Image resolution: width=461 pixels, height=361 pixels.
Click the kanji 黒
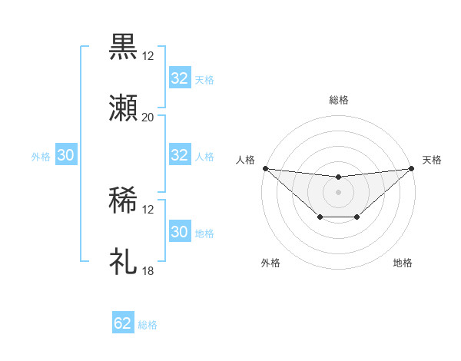coord(123,47)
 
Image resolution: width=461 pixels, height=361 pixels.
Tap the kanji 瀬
coord(123,108)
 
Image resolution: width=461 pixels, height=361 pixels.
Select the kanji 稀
coord(123,200)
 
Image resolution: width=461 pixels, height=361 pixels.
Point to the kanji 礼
coord(123,261)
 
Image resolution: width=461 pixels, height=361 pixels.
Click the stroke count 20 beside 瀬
coord(148,118)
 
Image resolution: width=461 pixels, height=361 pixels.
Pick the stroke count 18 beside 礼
coord(148,270)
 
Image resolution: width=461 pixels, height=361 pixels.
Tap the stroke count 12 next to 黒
coord(148,56)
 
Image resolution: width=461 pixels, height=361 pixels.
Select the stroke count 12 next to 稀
coord(148,209)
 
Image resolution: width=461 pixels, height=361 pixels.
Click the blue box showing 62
coord(123,323)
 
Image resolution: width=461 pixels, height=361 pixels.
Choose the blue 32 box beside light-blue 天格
coord(180,78)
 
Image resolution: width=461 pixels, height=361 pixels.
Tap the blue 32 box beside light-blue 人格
coord(180,155)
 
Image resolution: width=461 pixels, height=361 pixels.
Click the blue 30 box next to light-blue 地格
coord(180,232)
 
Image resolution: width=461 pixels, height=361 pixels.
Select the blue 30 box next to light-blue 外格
coord(66,155)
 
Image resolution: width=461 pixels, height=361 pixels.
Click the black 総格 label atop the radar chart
coord(338,100)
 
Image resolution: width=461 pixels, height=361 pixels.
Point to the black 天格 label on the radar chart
coord(432,160)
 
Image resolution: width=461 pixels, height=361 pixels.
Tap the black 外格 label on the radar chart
coord(270,263)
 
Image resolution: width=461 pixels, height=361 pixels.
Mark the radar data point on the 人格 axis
coord(265,168)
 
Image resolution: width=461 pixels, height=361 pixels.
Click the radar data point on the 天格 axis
coord(411,168)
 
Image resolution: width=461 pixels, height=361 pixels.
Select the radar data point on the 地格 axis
coord(357,218)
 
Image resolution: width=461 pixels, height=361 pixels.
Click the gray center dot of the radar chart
coord(338,192)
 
